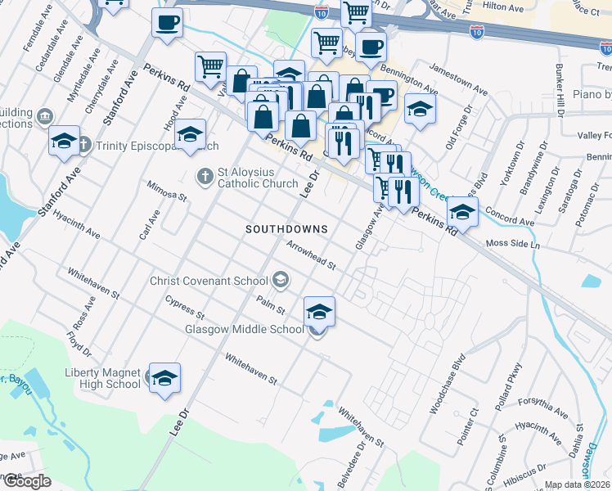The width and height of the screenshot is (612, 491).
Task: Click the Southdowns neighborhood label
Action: click(x=286, y=229)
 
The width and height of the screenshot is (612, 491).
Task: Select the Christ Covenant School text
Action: click(x=209, y=281)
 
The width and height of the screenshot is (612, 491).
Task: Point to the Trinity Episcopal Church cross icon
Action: click(x=86, y=146)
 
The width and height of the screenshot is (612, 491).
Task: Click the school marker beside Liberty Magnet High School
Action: click(x=164, y=378)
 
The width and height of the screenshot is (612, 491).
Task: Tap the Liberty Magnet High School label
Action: click(x=102, y=378)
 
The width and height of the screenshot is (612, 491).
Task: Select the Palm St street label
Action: click(x=269, y=307)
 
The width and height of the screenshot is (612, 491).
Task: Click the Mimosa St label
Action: click(x=167, y=192)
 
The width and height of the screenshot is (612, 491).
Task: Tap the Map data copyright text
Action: click(x=578, y=484)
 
